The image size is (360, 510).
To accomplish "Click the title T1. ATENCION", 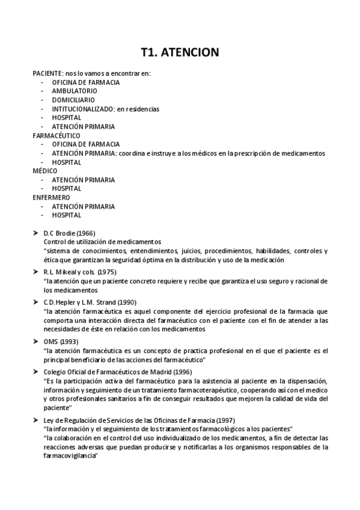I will [x=180, y=53].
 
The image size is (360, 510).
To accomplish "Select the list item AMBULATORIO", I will [x=75, y=91].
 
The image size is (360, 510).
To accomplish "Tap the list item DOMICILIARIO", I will [x=73, y=100].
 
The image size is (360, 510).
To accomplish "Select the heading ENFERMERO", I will [x=51, y=197].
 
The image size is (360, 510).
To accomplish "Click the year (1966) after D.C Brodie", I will [x=85, y=233].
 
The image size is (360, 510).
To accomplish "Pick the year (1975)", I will [x=106, y=272].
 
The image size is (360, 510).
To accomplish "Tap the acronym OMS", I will [x=50, y=341].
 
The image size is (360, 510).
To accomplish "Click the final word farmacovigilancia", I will [x=70, y=456].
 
